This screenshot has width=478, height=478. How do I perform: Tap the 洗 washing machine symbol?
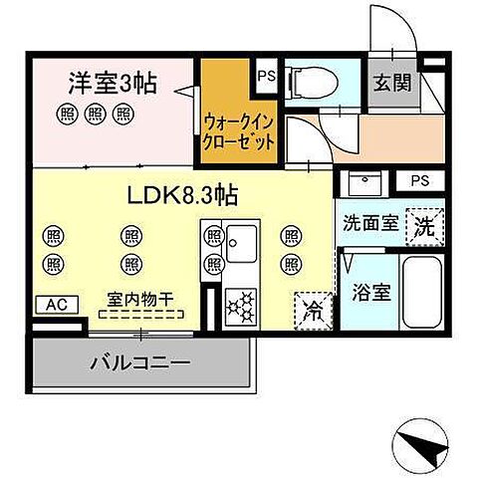(423, 223)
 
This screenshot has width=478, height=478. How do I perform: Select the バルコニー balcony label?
(139, 364)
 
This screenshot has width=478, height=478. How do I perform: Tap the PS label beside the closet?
(266, 75)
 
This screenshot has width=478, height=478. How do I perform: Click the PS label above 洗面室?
(420, 181)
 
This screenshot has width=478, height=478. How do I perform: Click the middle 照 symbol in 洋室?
(97, 114)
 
